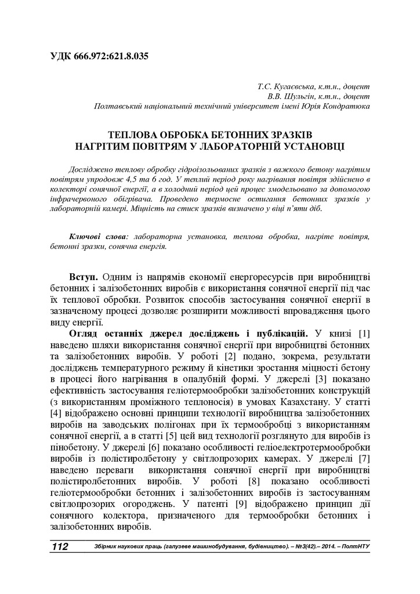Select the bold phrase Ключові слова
[x=99, y=237]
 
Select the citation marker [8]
[x=254, y=482]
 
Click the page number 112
[x=60, y=548]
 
